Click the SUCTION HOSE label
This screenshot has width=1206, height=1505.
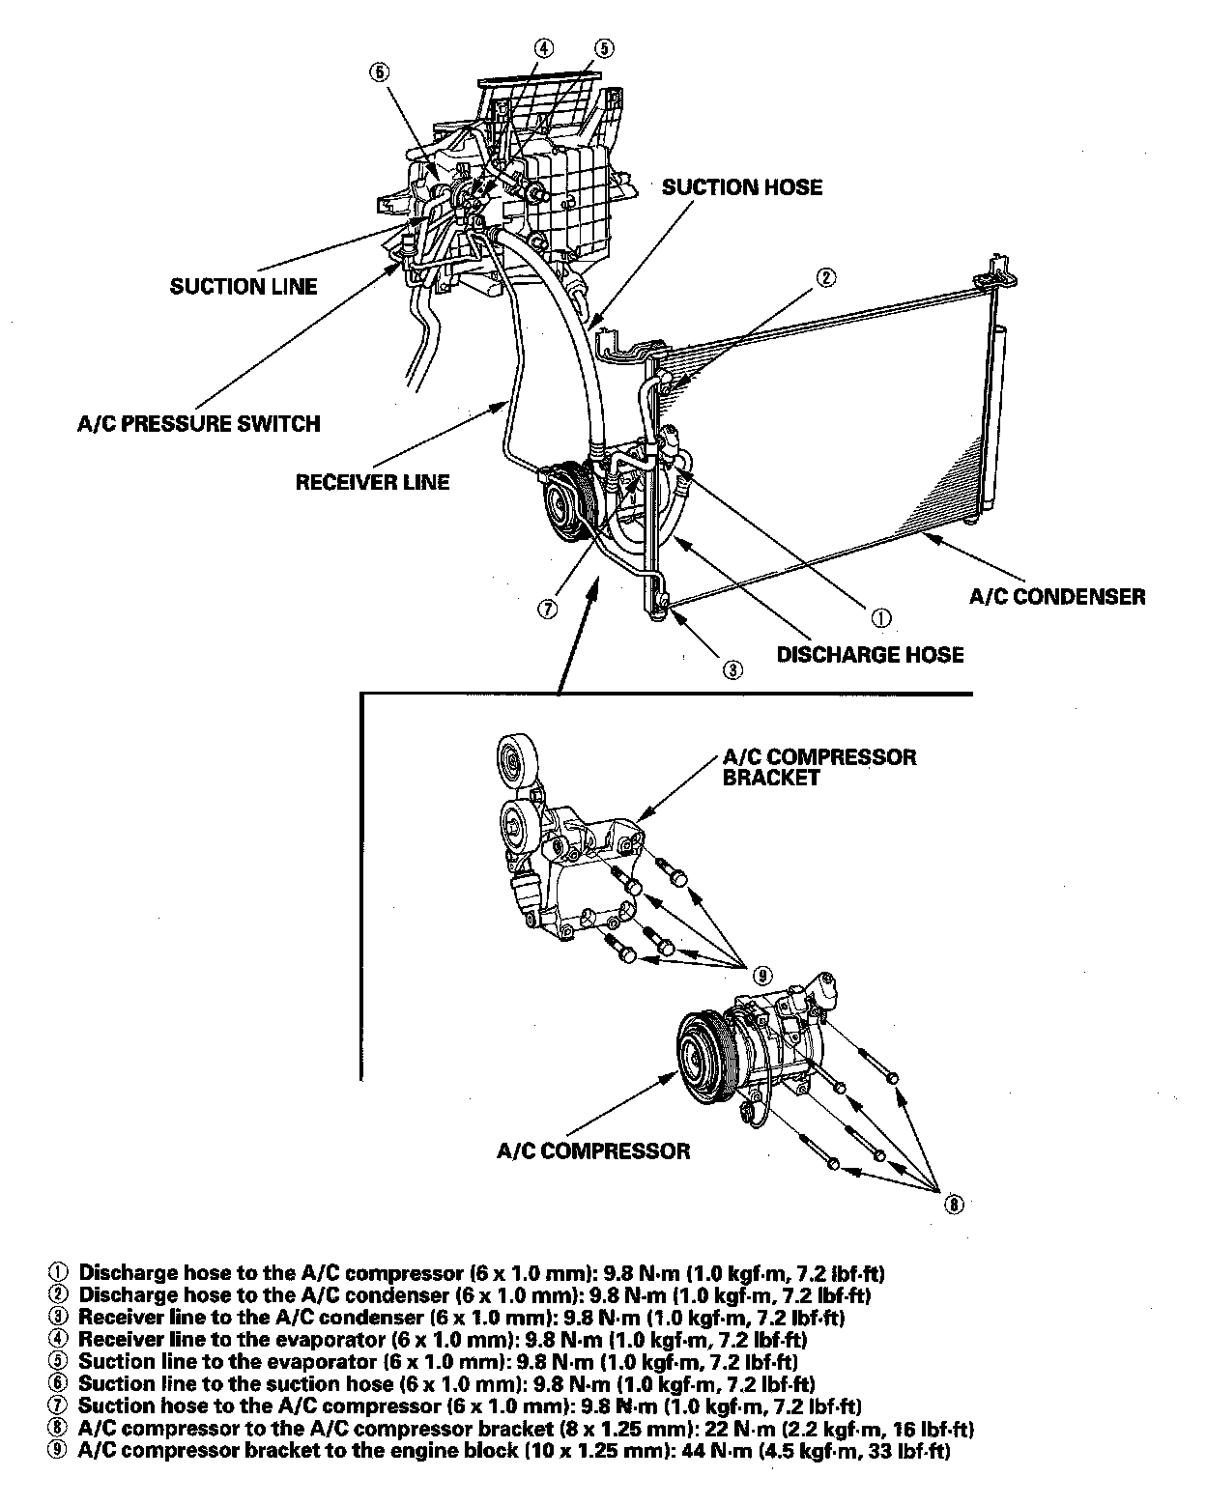coord(741,187)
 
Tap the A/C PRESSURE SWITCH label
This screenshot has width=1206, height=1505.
coord(198,423)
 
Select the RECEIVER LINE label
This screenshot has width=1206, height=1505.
coord(372,481)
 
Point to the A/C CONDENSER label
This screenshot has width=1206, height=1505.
coord(1057,596)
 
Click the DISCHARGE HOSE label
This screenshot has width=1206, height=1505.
coord(870,655)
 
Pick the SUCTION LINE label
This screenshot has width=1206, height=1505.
coord(244,286)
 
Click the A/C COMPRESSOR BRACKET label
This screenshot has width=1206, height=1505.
coord(818,767)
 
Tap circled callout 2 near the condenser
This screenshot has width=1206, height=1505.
coord(825,278)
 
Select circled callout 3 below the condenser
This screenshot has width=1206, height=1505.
coord(732,667)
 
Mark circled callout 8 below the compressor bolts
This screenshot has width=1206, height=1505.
coord(954,1204)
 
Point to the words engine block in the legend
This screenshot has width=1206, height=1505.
coord(460,1451)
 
